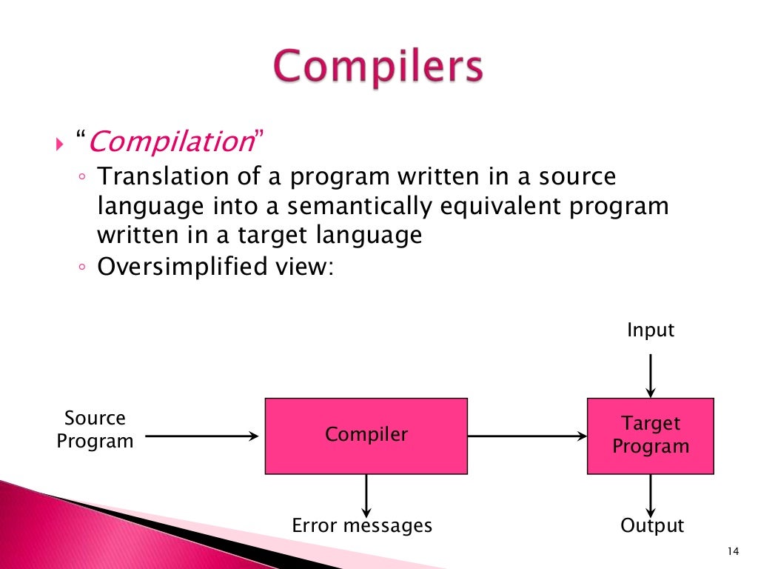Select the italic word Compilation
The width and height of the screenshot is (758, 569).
pyautogui.click(x=171, y=142)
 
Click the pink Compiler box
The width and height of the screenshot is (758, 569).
pyautogui.click(x=366, y=435)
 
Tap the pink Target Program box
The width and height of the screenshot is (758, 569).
pyautogui.click(x=650, y=435)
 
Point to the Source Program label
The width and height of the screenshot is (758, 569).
pyautogui.click(x=95, y=430)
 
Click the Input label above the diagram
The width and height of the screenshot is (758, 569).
pyautogui.click(x=651, y=330)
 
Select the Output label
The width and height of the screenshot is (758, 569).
pyautogui.click(x=651, y=526)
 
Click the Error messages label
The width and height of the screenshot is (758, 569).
pyautogui.click(x=362, y=526)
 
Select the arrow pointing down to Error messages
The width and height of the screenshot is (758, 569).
pyautogui.click(x=366, y=494)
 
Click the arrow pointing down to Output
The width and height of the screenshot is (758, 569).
pyautogui.click(x=651, y=494)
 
